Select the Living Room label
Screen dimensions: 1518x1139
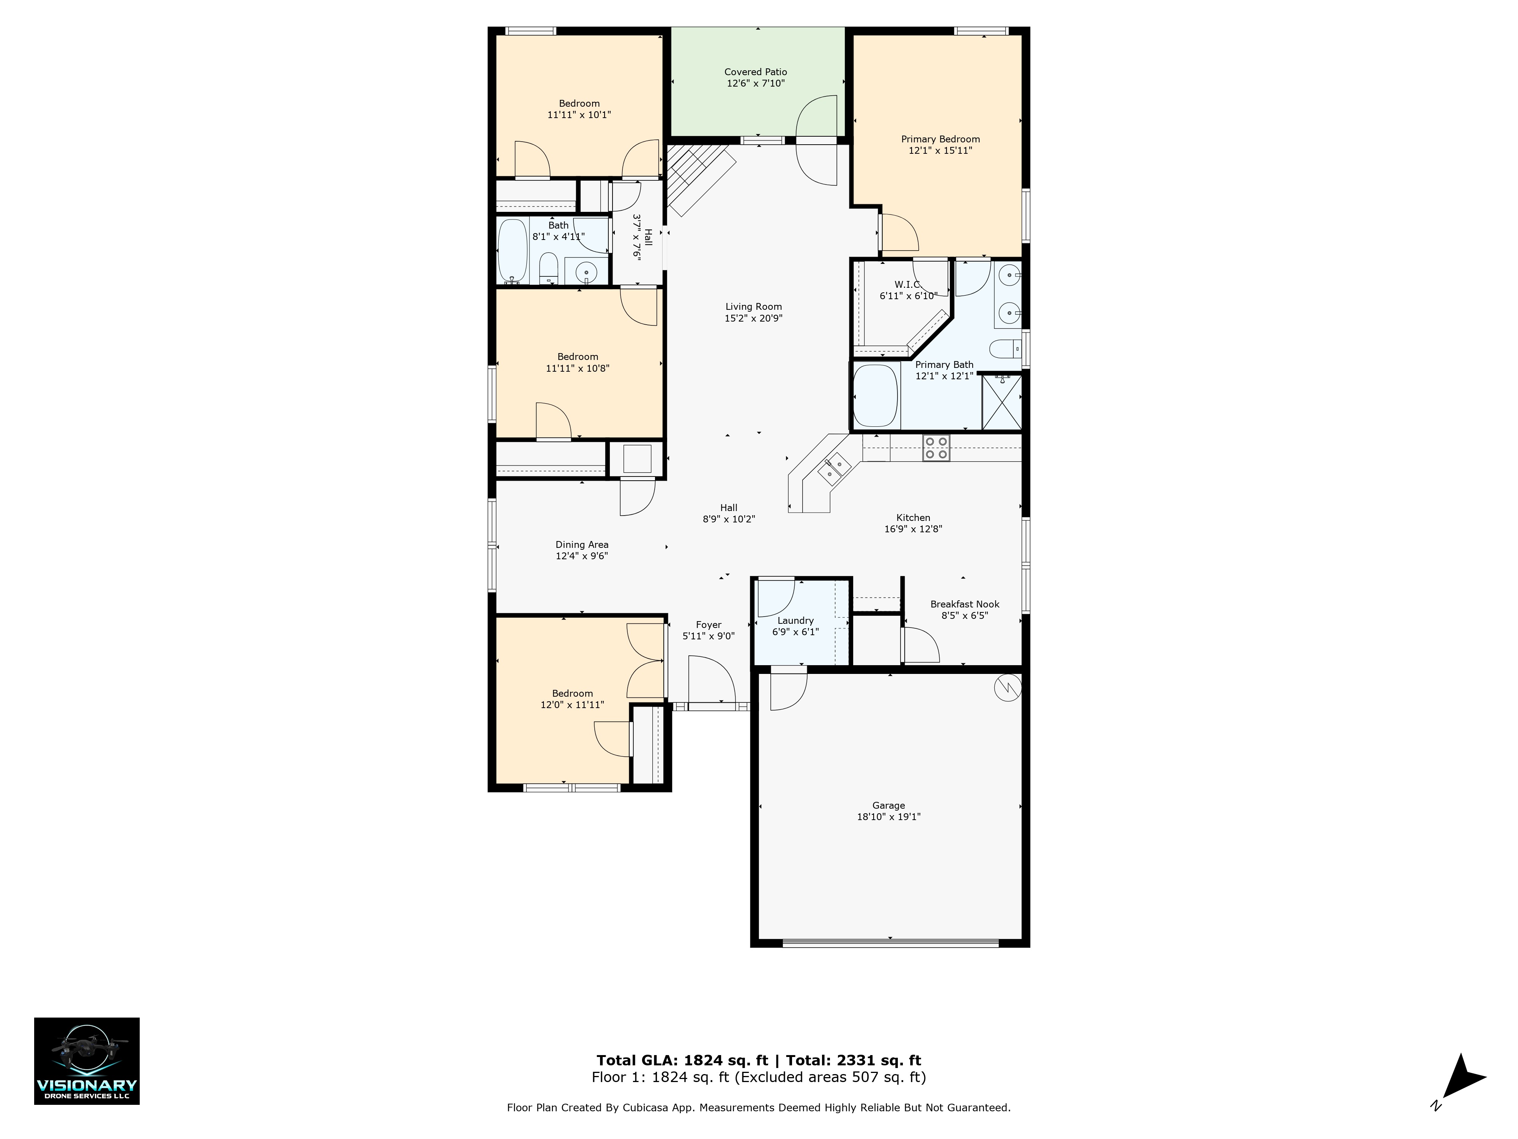pos(754,307)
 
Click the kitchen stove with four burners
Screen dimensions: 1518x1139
pos(936,448)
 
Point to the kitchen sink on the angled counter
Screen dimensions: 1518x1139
pos(834,469)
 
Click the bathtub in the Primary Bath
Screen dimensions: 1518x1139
pos(875,396)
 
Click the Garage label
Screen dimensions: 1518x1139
pos(889,805)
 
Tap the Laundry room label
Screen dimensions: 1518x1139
pos(795,621)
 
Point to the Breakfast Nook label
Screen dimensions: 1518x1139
pos(965,604)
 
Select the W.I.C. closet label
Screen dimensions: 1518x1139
pos(907,284)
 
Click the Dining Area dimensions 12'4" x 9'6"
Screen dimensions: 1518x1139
pos(582,556)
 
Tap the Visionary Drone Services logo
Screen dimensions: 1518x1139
pos(87,1061)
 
